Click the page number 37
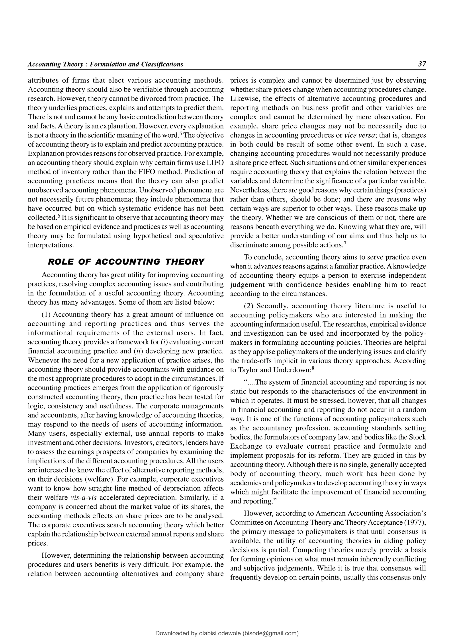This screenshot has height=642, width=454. (422, 64)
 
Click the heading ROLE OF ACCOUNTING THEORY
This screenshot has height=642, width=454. (126, 262)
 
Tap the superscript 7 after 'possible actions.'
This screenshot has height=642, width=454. (345, 243)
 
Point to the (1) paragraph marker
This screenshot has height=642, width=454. (46, 315)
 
